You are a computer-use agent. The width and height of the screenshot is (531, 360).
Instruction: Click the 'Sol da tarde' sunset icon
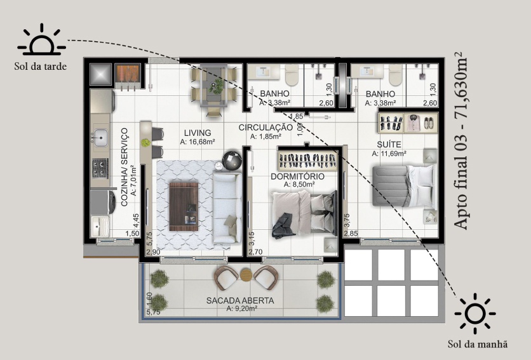42,40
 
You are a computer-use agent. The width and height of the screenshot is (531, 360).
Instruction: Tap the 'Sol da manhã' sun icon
474,313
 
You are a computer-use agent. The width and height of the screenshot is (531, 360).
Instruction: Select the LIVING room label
198,133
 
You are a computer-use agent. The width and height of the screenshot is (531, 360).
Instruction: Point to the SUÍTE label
389,145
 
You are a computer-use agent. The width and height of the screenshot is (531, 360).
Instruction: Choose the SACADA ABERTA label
240,300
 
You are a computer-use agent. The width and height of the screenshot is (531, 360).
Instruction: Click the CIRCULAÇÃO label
265,128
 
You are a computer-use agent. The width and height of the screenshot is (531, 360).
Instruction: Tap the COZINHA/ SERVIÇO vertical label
124,167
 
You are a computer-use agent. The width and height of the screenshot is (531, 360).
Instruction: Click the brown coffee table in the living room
184,206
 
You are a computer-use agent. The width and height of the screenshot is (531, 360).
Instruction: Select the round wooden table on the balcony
246,275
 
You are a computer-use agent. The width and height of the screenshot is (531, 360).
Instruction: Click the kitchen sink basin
100,138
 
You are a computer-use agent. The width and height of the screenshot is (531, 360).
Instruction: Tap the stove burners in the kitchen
100,168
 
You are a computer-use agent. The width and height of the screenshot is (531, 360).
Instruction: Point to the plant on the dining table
215,88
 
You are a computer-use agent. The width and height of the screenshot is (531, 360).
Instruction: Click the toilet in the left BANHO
292,75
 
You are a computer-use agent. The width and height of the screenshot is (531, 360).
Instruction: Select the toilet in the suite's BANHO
395,75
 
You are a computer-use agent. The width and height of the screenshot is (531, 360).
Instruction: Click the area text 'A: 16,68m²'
198,142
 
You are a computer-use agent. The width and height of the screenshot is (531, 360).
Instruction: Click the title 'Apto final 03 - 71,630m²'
460,141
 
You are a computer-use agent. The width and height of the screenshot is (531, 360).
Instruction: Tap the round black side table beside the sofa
232,160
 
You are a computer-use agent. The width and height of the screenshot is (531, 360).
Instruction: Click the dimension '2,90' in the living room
153,252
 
